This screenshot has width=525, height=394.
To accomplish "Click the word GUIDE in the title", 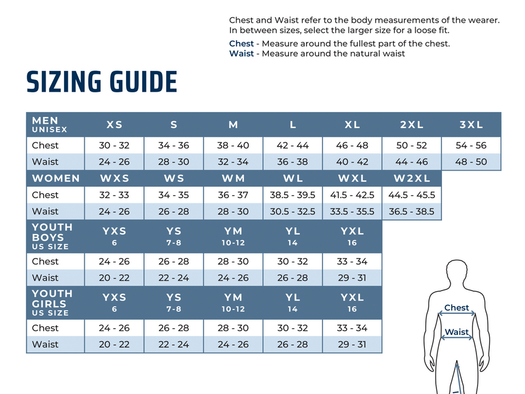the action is point(143,82).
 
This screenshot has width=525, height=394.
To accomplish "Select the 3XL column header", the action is point(471,124).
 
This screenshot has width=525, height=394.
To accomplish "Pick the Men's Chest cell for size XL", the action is point(352,145).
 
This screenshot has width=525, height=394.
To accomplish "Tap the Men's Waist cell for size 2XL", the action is point(412,162).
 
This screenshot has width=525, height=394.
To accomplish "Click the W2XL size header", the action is point(412,179).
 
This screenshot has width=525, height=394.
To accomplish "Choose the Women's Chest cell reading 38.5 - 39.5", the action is point(292,195).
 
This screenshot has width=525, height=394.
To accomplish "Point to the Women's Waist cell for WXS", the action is point(114,211).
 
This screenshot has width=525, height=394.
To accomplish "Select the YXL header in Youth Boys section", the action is point(352,236).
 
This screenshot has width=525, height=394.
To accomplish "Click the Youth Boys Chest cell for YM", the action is point(233,261).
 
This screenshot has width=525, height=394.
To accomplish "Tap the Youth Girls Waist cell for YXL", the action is point(352,344).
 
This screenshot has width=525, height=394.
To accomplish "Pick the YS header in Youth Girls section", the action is point(174,302).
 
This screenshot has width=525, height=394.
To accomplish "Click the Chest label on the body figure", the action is point(456,308).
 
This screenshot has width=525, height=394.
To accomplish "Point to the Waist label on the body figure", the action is point(457,332).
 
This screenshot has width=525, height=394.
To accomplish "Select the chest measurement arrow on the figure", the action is point(457,313).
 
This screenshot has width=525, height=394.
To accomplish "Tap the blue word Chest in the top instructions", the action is point(241,44).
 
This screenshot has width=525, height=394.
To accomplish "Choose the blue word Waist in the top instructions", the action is point(241,54).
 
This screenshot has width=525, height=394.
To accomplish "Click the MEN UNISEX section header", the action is point(50,124).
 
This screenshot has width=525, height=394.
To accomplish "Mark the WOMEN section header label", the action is point(56,179).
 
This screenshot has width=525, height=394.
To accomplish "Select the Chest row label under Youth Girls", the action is point(45,328).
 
